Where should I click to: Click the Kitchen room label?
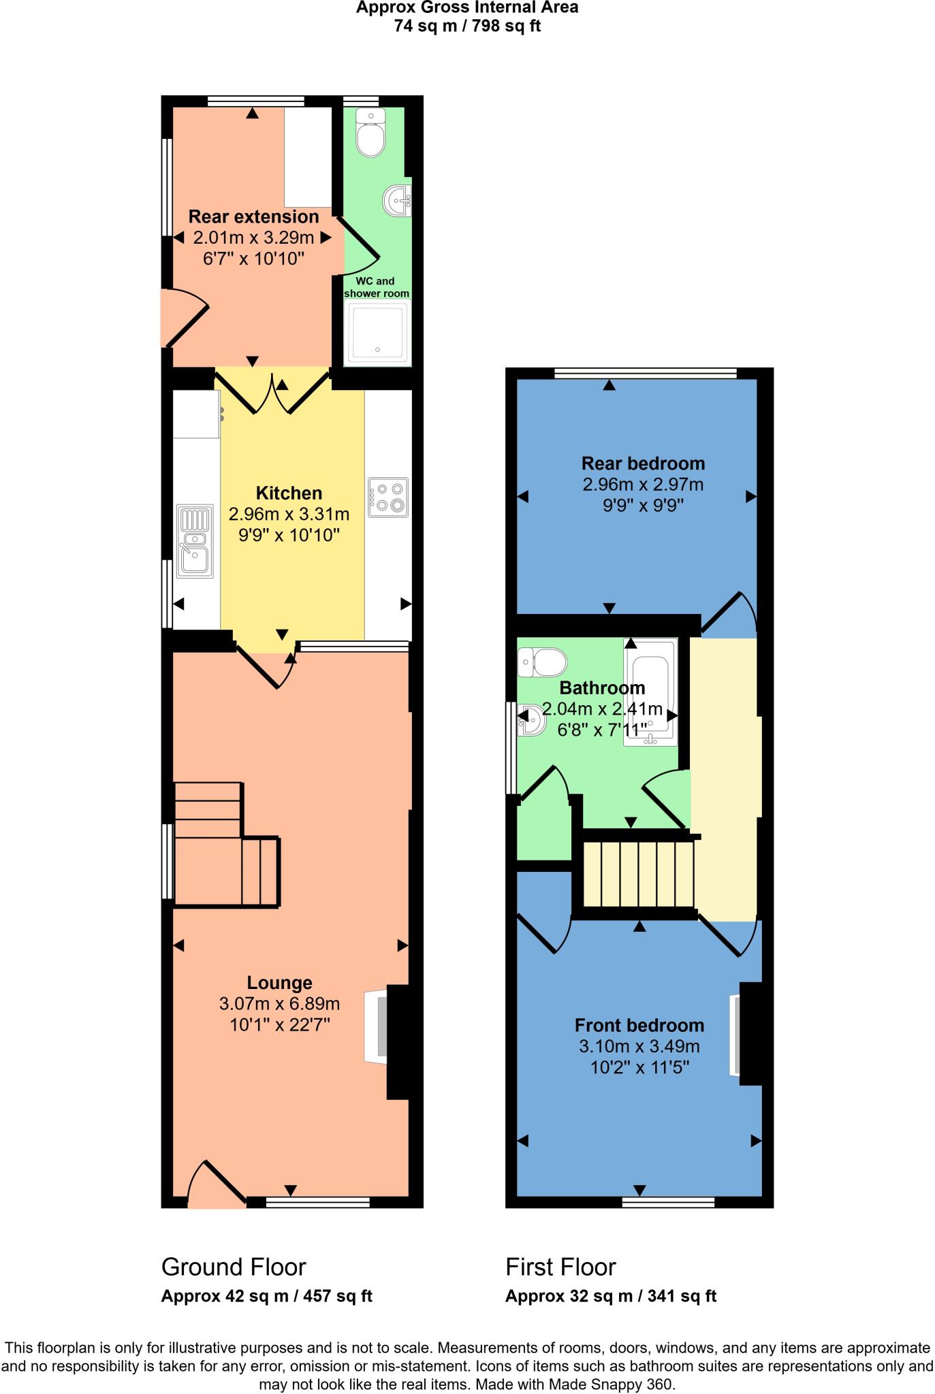coord(289,493)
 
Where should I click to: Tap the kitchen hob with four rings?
coord(388,497)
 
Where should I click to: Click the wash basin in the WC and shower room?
coord(398,200)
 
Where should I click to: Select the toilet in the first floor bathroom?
coord(543,662)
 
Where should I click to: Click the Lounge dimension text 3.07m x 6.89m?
coord(279,1003)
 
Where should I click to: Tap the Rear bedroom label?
coord(643,464)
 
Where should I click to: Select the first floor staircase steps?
coord(639,874)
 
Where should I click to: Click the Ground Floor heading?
coord(234,1267)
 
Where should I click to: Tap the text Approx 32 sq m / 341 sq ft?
coord(610,1296)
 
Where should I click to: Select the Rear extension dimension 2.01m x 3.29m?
coord(253,238)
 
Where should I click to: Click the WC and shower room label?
coord(377,287)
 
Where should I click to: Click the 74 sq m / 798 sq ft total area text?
coord(467,27)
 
